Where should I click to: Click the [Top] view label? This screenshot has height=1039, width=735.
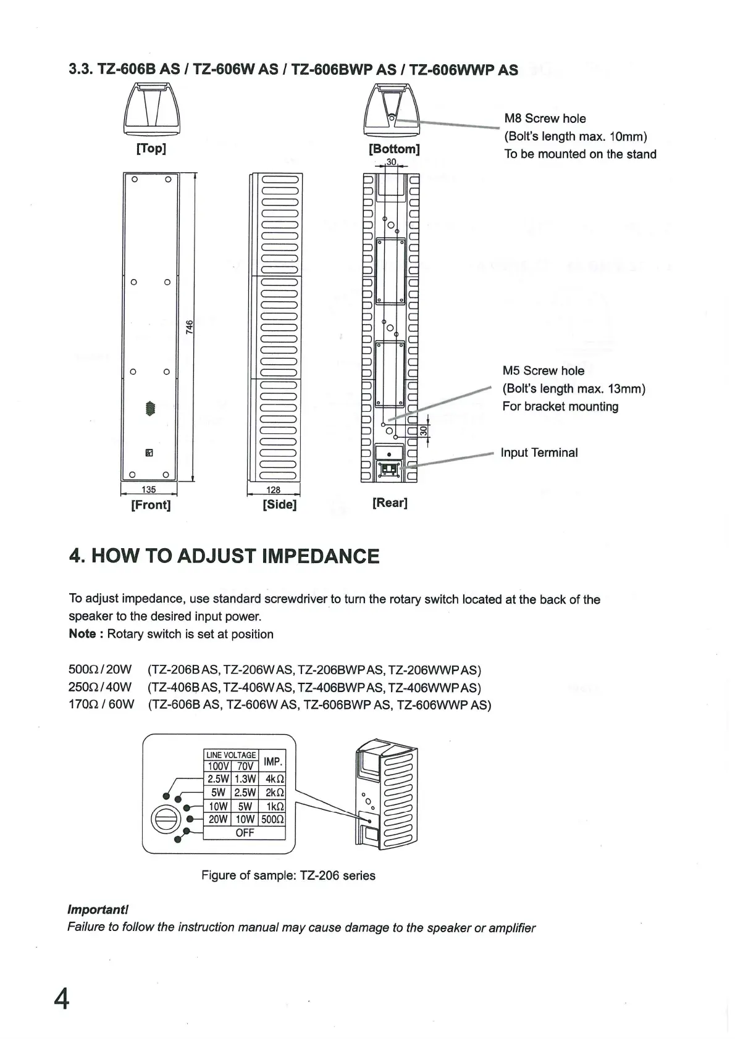point(151,149)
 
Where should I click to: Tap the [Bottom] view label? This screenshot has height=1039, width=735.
point(393,149)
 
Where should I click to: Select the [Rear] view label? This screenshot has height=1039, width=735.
point(390,503)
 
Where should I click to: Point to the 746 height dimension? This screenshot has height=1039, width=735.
point(190,326)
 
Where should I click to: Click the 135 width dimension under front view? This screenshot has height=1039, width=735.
point(149,490)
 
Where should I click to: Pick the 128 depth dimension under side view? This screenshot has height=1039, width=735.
point(273,490)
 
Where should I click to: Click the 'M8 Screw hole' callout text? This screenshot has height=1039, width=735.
point(545,119)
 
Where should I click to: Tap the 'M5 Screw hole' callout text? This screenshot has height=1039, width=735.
point(543,370)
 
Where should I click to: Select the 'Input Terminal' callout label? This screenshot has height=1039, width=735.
point(539,453)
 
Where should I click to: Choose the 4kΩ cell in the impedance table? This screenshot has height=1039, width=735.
point(275,779)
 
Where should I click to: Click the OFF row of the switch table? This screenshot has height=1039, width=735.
point(245,833)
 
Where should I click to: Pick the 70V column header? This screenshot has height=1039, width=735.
point(245,766)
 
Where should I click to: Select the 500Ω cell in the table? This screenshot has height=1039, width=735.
point(272,819)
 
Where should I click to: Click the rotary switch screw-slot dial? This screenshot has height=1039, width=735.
point(166,820)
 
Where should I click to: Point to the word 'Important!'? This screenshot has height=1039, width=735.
point(98,909)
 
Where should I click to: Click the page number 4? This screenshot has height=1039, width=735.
point(62,998)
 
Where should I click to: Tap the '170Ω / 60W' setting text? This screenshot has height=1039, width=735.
point(101,704)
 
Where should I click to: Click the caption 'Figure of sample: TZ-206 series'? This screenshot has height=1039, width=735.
point(288,875)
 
